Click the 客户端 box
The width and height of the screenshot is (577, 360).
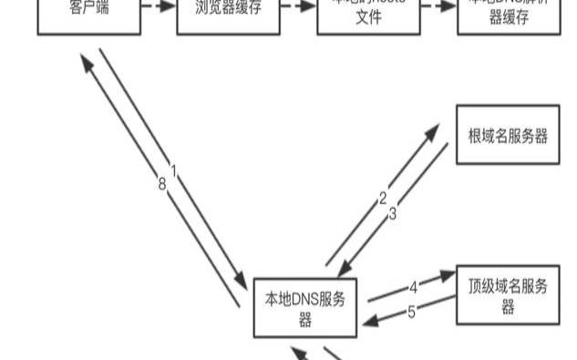[x=88, y=15]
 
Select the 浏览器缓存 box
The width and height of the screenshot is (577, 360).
[x=228, y=15]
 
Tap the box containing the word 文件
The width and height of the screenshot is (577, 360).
[x=368, y=15]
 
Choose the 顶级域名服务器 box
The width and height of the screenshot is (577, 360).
[x=508, y=295]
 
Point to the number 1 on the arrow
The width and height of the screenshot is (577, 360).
[x=173, y=170]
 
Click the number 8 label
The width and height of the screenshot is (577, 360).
[x=161, y=184]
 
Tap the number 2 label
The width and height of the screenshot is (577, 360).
[x=383, y=197]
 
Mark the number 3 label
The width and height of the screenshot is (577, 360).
[x=393, y=215]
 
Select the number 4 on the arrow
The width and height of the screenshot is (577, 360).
[x=412, y=286]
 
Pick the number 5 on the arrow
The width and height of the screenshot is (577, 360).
[x=411, y=312]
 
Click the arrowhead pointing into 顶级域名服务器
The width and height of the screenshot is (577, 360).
[x=448, y=274]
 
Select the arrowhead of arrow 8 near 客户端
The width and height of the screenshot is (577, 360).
[x=85, y=60]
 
